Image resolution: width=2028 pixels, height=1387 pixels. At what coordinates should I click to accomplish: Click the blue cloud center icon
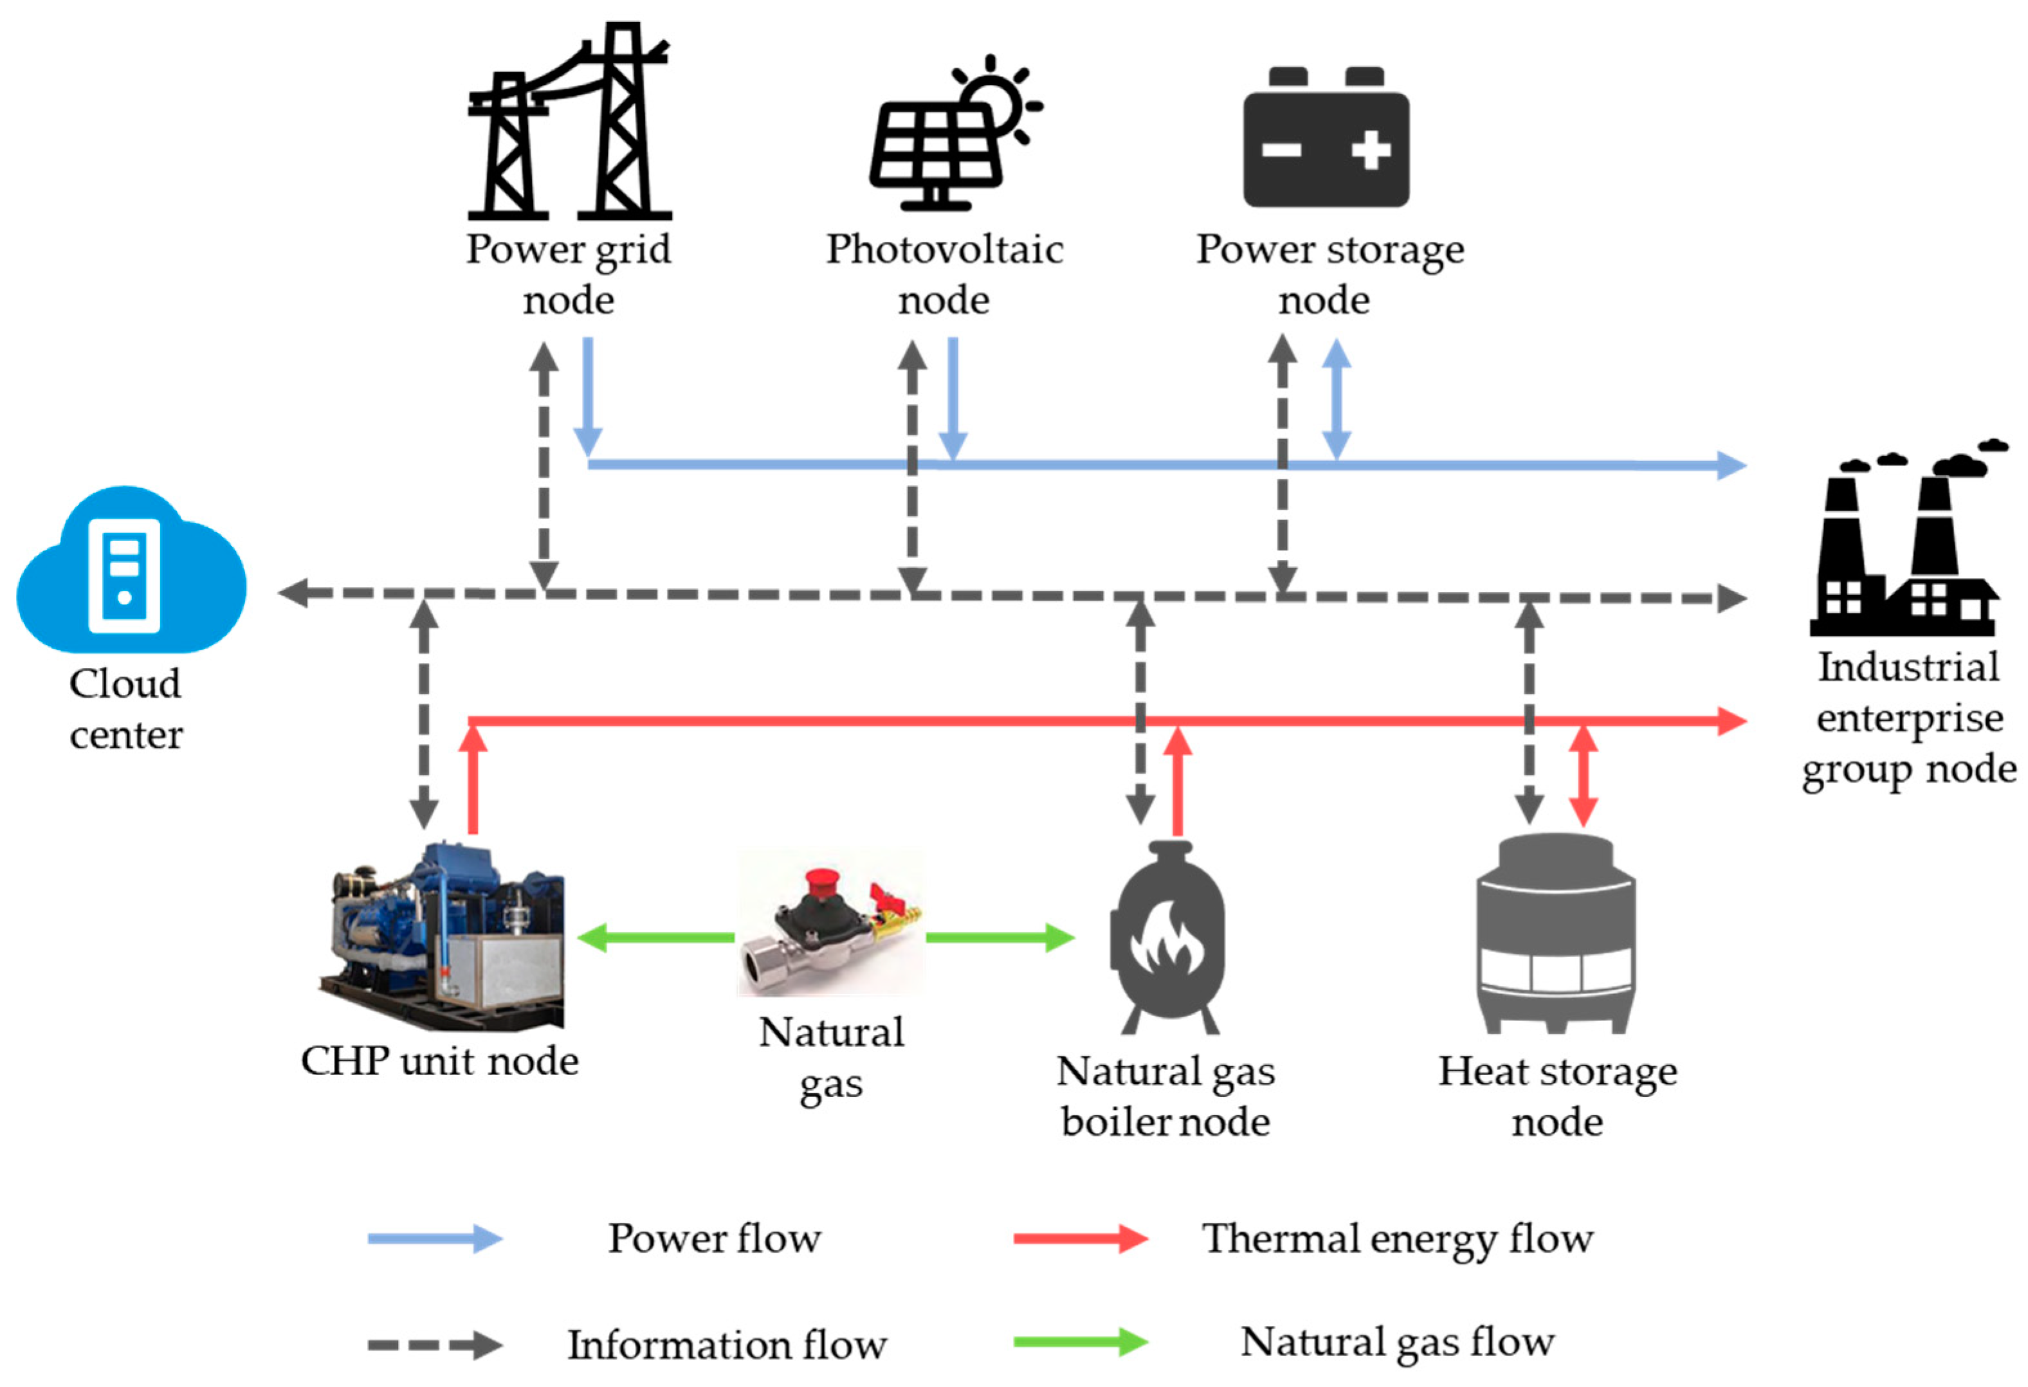tap(131, 572)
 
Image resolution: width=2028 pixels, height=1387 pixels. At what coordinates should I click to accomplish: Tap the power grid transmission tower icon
tap(569, 122)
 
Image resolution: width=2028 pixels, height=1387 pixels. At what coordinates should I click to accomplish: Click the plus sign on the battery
tap(1370, 150)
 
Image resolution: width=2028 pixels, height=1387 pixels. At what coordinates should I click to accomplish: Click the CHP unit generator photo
tap(445, 938)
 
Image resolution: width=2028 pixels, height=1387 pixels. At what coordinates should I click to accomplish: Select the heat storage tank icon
tap(1556, 934)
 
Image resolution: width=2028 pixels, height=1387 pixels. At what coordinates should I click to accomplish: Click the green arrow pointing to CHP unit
tap(655, 938)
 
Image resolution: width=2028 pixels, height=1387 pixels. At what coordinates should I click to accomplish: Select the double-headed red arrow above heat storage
tap(1583, 775)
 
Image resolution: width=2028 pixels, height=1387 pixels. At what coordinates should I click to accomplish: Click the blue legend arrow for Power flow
tap(435, 1238)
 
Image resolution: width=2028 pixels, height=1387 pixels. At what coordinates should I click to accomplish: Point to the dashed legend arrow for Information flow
tap(435, 1345)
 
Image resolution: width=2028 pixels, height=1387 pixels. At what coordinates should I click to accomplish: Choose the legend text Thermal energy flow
tap(1397, 1238)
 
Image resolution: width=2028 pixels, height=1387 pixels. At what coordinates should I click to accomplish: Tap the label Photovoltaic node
tap(945, 274)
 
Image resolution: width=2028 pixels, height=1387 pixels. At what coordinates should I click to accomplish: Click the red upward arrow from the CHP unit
tap(473, 781)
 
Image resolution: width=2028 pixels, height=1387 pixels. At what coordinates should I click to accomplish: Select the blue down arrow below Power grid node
tap(587, 397)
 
